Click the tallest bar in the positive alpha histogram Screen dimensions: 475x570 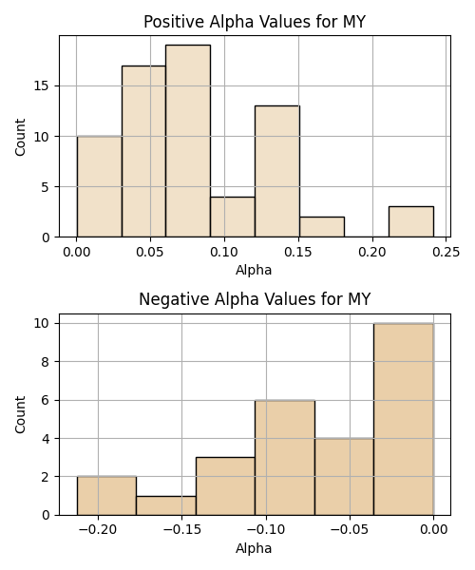point(188,141)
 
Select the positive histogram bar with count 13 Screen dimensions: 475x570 point(277,171)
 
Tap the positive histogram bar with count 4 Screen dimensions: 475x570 point(233,217)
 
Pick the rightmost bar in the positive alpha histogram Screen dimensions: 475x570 point(411,221)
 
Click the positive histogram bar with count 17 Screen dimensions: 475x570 point(143,151)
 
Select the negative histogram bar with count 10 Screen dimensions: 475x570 point(404,419)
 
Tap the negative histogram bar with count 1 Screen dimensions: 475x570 point(166,505)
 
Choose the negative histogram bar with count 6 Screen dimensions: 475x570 point(285,458)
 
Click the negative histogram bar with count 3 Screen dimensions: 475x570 point(225,486)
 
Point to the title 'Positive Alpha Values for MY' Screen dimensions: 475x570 point(255,22)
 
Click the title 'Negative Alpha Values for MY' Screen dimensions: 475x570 point(255,299)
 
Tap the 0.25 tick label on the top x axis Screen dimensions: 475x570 point(446,252)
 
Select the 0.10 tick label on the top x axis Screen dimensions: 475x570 point(224,252)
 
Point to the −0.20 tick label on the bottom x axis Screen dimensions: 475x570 point(98,530)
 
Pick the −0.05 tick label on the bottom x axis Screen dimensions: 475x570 point(350,530)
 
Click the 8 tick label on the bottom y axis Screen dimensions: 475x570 point(46,362)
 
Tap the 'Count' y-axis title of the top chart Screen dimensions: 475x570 point(20,137)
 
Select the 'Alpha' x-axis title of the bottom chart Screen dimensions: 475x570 point(254,548)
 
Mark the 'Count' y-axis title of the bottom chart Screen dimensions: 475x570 point(20,414)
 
